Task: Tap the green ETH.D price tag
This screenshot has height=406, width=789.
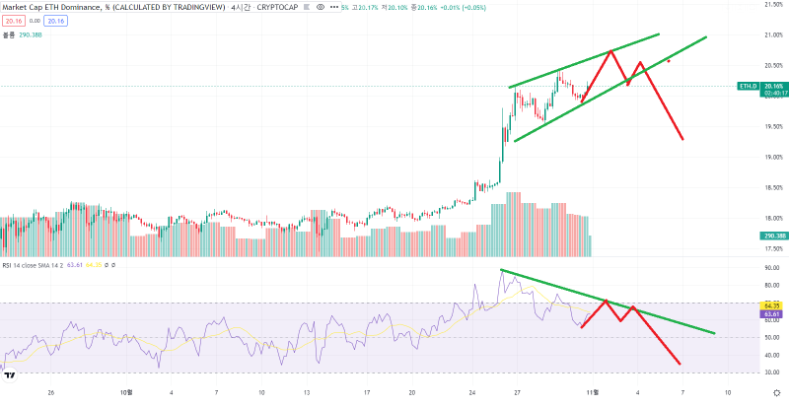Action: pos(749,87)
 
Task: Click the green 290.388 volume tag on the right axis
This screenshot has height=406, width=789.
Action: pos(772,237)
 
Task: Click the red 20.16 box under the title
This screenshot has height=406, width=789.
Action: pos(12,19)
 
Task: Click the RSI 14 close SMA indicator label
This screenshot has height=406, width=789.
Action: pos(30,264)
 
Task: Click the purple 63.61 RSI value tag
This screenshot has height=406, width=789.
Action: pos(772,315)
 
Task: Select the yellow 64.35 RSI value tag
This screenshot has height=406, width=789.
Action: pos(772,306)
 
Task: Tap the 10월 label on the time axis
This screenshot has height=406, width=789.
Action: pos(125,391)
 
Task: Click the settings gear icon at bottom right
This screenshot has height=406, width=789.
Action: pos(776,391)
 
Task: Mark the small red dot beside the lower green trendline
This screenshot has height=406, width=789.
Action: pos(670,61)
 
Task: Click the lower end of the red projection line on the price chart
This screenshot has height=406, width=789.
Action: pos(682,139)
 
